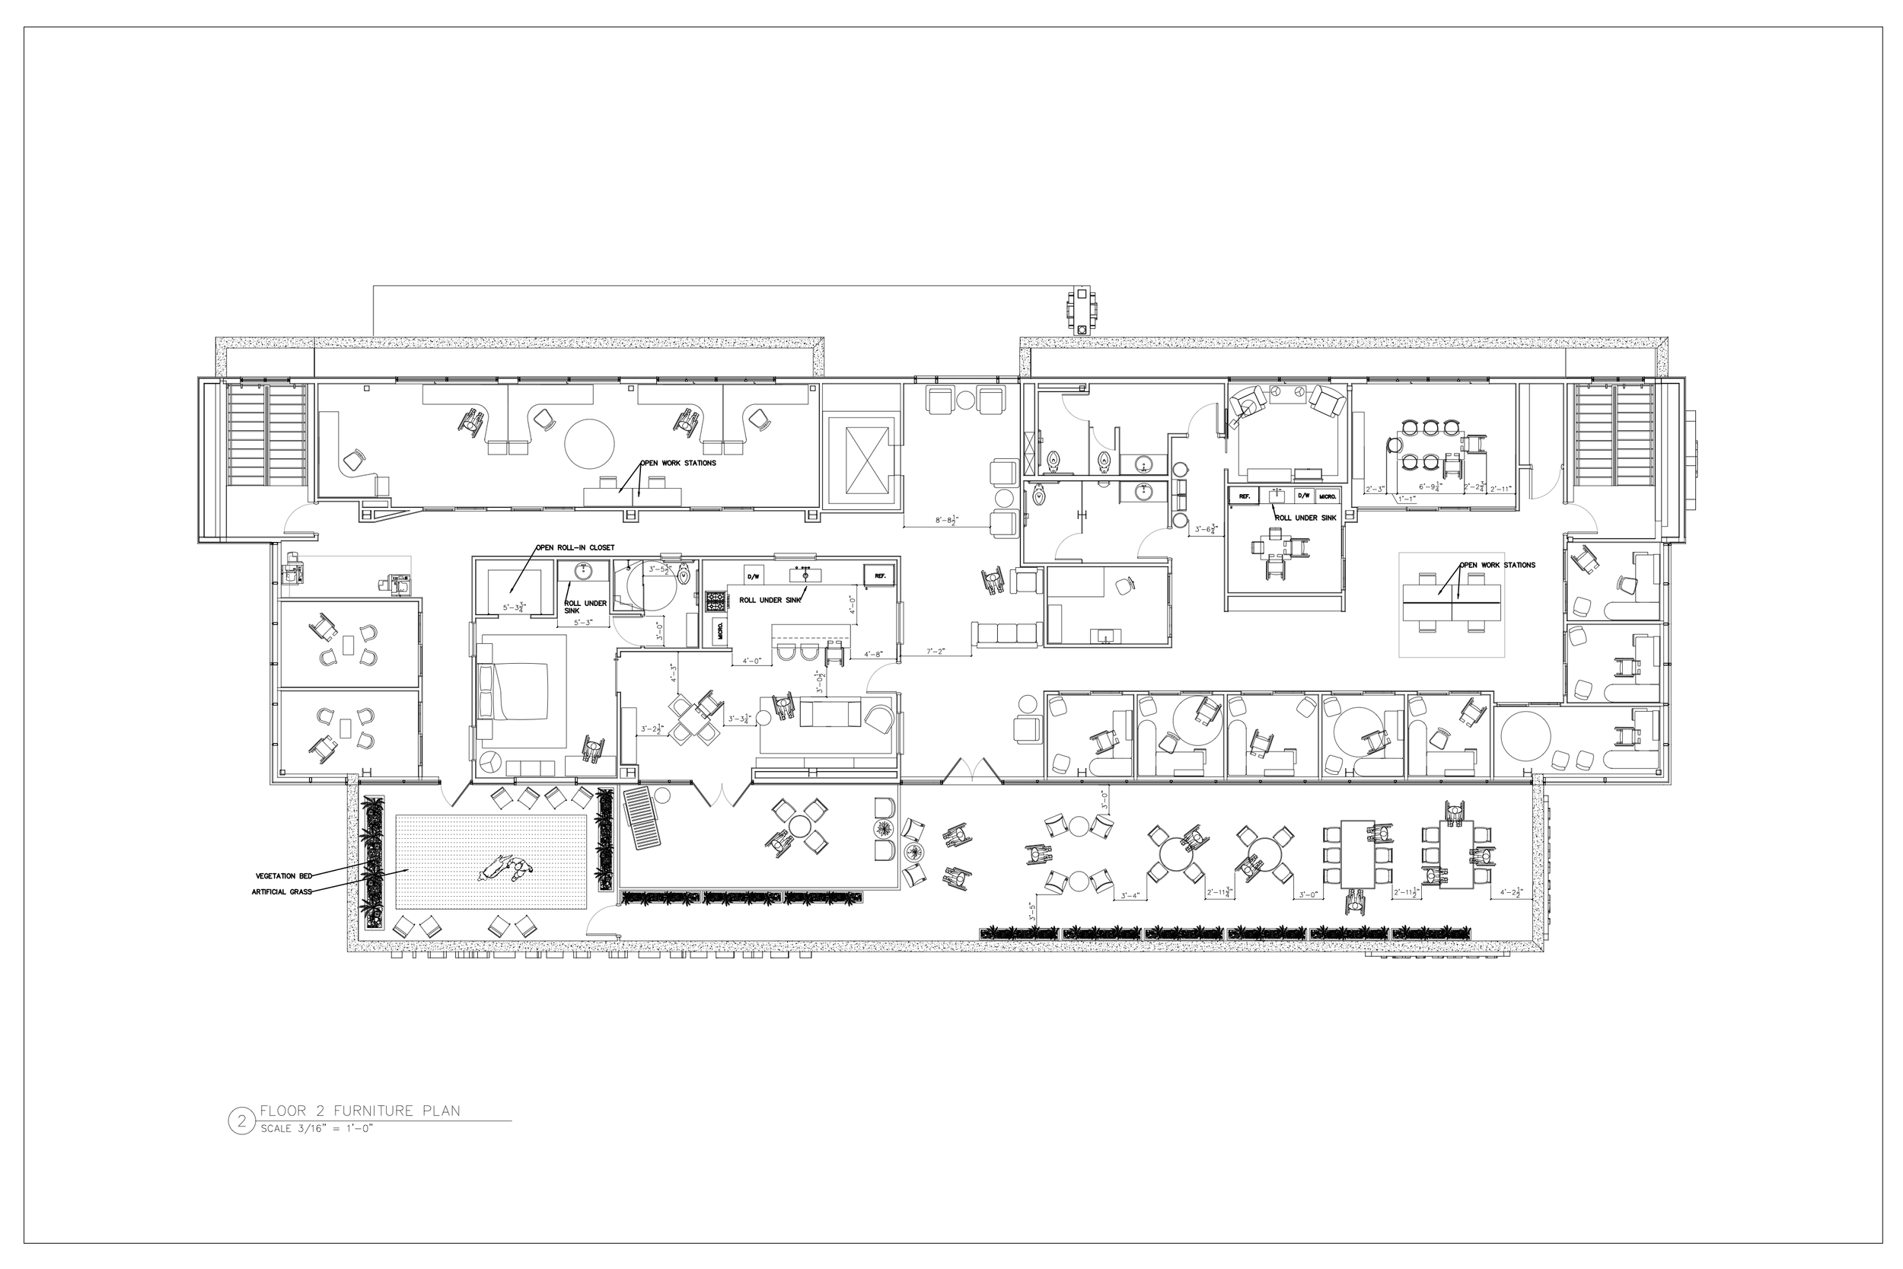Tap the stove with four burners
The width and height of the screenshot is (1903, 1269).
[717, 601]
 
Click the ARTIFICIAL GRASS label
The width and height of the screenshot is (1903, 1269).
[282, 892]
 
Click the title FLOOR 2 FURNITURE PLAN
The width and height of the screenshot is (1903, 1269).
[359, 1111]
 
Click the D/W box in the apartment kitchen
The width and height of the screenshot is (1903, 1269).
[754, 576]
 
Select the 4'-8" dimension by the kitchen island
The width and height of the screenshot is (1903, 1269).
[874, 654]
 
